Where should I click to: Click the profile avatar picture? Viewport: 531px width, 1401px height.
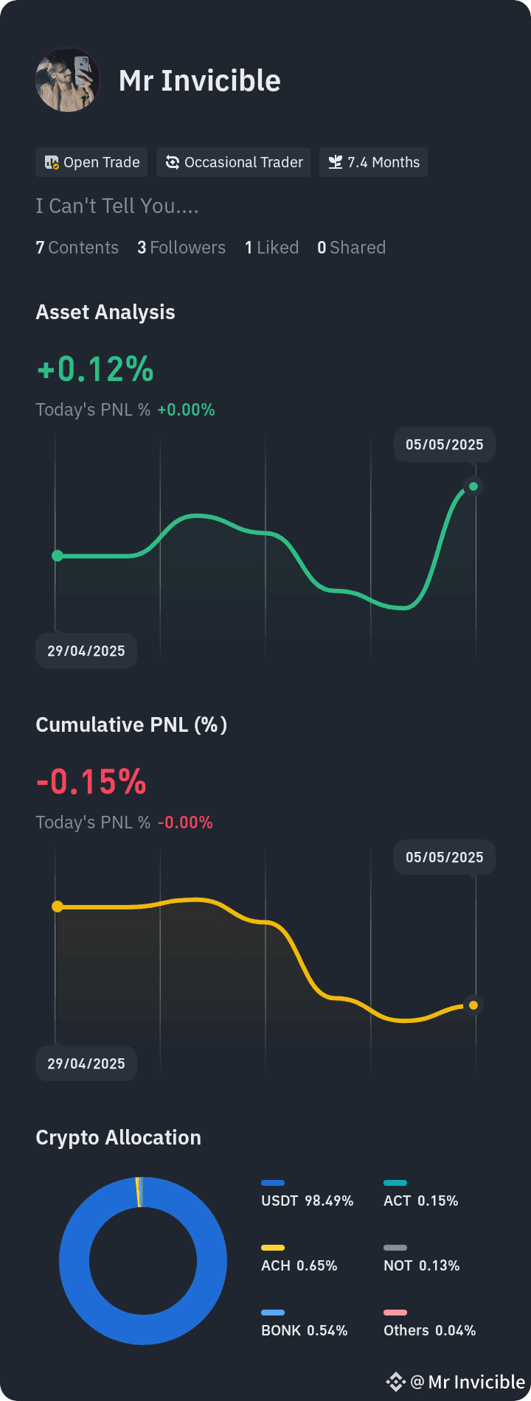[68, 80]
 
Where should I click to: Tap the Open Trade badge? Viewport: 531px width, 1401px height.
[91, 162]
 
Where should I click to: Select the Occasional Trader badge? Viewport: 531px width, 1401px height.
[233, 162]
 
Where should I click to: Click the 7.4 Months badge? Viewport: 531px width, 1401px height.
[373, 162]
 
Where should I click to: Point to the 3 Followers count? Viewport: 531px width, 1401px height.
[181, 248]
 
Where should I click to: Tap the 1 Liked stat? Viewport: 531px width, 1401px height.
[271, 248]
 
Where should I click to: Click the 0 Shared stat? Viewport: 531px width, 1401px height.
[351, 248]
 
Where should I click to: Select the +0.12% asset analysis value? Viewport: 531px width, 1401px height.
[95, 369]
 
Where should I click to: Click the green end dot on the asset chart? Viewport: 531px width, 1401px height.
[473, 486]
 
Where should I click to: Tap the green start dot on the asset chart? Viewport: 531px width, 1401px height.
[58, 556]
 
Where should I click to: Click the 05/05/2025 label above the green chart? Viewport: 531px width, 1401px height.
[445, 444]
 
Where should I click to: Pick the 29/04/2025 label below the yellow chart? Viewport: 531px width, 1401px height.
[86, 1063]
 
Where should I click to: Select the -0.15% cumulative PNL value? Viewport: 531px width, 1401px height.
[91, 782]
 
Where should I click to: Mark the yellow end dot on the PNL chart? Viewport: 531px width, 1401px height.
[473, 1005]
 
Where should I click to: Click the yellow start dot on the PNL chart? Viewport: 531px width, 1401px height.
[58, 906]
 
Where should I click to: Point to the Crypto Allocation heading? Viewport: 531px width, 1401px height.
[118, 1137]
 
